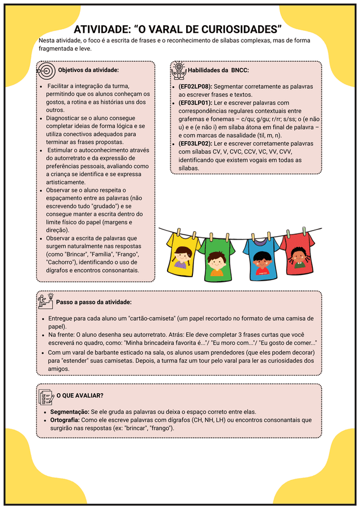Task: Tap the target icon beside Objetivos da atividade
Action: click(x=46, y=70)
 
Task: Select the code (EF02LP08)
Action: click(x=195, y=87)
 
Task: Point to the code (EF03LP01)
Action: click(x=195, y=103)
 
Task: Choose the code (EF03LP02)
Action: click(x=195, y=143)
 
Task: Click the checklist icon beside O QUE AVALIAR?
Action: click(x=46, y=395)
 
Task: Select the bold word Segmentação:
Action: click(x=70, y=412)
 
